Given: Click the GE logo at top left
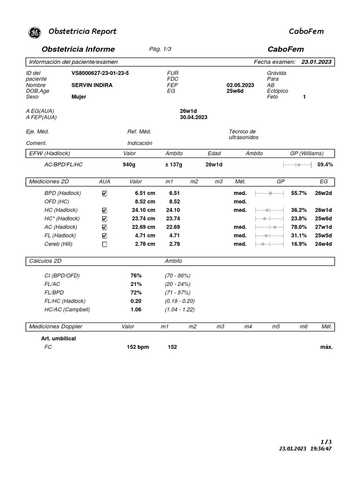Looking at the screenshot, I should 35,32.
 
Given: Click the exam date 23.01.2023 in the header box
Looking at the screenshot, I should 316,62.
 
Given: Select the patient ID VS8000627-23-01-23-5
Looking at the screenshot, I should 100,73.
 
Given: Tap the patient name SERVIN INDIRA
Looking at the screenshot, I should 92,85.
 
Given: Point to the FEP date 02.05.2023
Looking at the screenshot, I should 240,85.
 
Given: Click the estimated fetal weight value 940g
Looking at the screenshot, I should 129,165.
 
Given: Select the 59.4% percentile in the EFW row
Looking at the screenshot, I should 325,165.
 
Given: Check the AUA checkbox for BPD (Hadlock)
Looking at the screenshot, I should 105,193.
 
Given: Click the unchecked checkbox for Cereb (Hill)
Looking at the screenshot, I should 105,244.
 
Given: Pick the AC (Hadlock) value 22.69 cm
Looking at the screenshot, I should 143,227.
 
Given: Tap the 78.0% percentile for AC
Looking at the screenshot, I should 299,227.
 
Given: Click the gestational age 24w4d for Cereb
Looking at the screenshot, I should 323,244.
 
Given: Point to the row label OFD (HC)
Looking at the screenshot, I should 57,202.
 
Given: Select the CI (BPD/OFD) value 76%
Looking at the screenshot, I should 136,276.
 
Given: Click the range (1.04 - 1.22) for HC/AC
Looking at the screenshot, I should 180,309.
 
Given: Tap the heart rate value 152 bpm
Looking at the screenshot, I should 138,347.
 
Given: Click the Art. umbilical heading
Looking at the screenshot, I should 59,338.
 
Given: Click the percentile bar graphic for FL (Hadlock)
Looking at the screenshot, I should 269,235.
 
